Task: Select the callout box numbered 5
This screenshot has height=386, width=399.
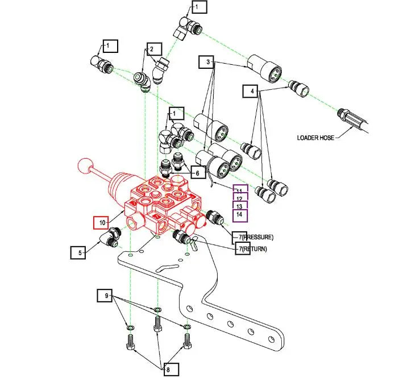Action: pos(78,251)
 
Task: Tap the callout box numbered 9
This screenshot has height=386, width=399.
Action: pos(105,296)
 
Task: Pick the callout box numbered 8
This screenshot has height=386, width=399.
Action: pos(168,370)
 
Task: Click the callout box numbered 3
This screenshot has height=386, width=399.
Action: pos(208,61)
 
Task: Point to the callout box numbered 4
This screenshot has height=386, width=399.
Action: pos(251,90)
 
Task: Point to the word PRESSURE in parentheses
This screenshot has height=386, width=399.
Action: pos(257,236)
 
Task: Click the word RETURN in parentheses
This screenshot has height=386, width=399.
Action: pos(253,249)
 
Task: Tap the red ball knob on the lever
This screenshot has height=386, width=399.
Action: pos(85,167)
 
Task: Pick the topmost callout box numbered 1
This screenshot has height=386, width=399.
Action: pos(199,7)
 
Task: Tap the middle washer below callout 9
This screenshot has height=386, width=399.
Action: pos(157,310)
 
